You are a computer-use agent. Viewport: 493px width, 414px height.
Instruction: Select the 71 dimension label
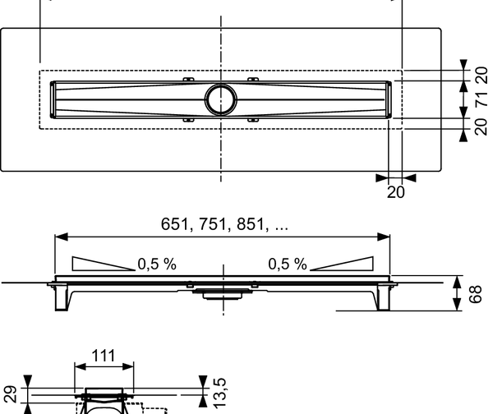point(481,101)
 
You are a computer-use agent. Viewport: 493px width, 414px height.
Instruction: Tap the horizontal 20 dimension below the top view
point(396,191)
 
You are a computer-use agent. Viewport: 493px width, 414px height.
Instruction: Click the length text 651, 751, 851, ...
point(222,223)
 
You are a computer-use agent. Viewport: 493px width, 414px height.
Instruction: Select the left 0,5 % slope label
point(156,264)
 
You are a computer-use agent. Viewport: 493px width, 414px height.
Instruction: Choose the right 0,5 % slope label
point(287,264)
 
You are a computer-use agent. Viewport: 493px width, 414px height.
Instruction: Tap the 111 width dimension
point(102,356)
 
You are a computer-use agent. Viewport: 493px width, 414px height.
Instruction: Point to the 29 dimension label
point(9,393)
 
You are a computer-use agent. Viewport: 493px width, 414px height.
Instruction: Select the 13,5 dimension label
point(220,393)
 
